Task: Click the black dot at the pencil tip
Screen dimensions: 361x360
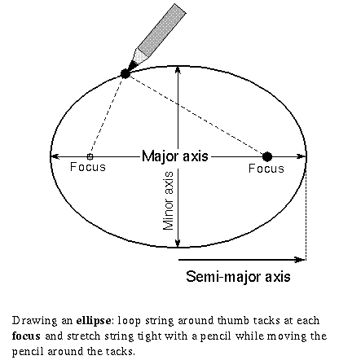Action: click(125, 73)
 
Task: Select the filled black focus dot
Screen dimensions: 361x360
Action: click(267, 156)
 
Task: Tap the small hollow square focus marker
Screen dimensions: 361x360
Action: click(90, 156)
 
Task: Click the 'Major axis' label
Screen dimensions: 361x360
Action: click(175, 156)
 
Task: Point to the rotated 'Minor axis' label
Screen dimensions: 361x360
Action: click(169, 200)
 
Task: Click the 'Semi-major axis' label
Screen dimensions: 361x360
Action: click(238, 277)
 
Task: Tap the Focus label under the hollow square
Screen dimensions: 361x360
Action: click(88, 167)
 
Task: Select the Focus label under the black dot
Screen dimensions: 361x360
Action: click(266, 169)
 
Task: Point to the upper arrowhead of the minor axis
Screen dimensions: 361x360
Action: click(178, 70)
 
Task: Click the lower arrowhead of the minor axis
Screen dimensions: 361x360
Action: click(178, 244)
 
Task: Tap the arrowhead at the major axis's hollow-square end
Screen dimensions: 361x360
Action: click(55, 156)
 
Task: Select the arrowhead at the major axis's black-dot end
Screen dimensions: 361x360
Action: click(302, 156)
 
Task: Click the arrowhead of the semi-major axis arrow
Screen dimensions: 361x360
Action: click(301, 260)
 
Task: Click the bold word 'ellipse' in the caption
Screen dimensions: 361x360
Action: click(94, 321)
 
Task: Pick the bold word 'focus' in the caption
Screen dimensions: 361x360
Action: click(26, 336)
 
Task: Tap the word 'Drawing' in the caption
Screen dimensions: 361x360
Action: click(35, 321)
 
